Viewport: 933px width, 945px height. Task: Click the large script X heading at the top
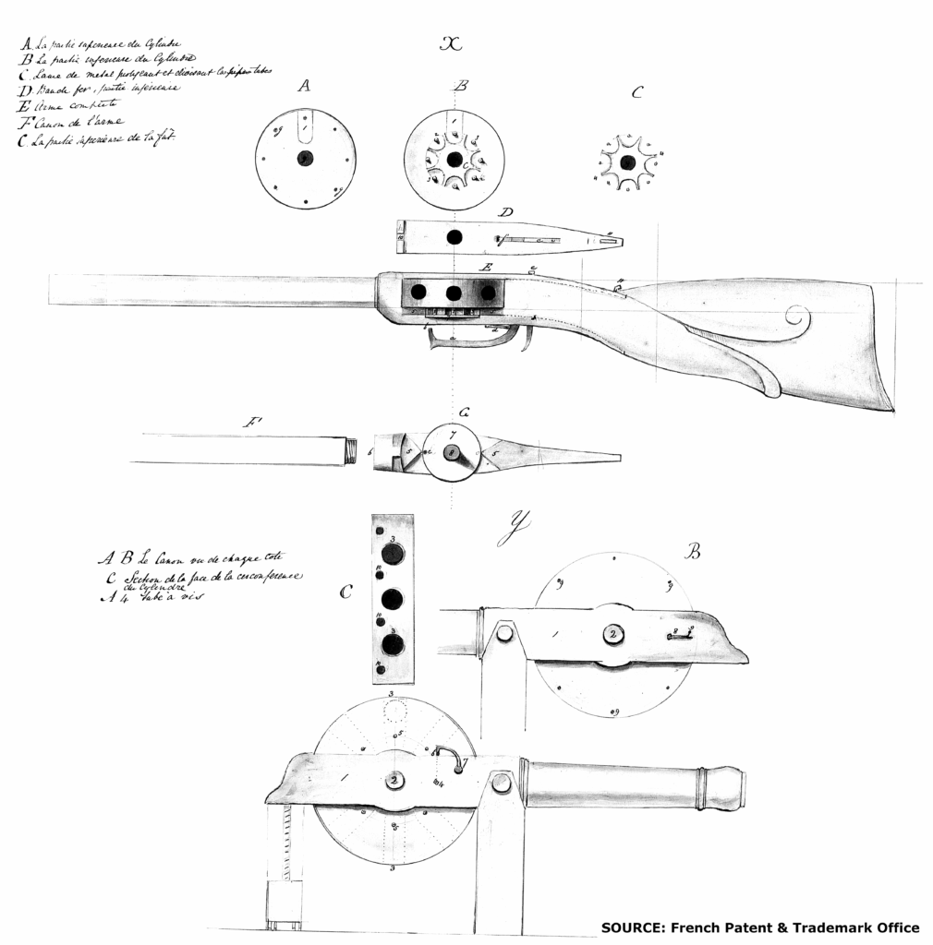[x=451, y=44]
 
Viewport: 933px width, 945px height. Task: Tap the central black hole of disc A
[x=305, y=158]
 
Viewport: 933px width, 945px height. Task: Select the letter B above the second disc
[x=462, y=86]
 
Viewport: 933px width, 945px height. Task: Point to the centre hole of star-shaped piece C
[x=627, y=162]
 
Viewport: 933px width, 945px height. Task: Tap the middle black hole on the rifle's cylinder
[x=454, y=293]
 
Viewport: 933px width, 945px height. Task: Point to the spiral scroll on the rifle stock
[x=797, y=321]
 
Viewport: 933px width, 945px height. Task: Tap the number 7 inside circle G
[x=453, y=435]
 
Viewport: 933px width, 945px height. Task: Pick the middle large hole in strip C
[x=392, y=599]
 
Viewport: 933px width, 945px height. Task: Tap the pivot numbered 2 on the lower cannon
[x=395, y=780]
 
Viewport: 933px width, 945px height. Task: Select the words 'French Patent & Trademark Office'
[x=794, y=927]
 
